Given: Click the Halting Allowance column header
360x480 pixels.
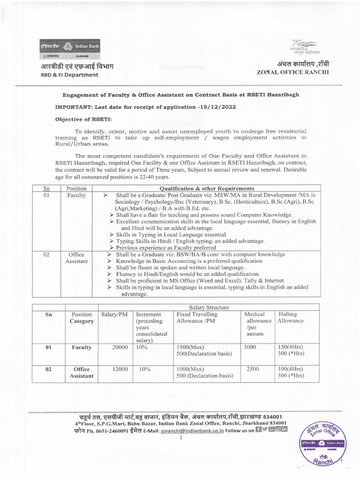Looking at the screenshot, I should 291,317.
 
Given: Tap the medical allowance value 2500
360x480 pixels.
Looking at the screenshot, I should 253,369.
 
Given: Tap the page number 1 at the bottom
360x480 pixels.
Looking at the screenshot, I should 180,437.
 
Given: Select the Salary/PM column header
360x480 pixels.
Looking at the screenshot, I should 114,314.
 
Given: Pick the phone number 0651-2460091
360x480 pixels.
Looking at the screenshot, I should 100,430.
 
